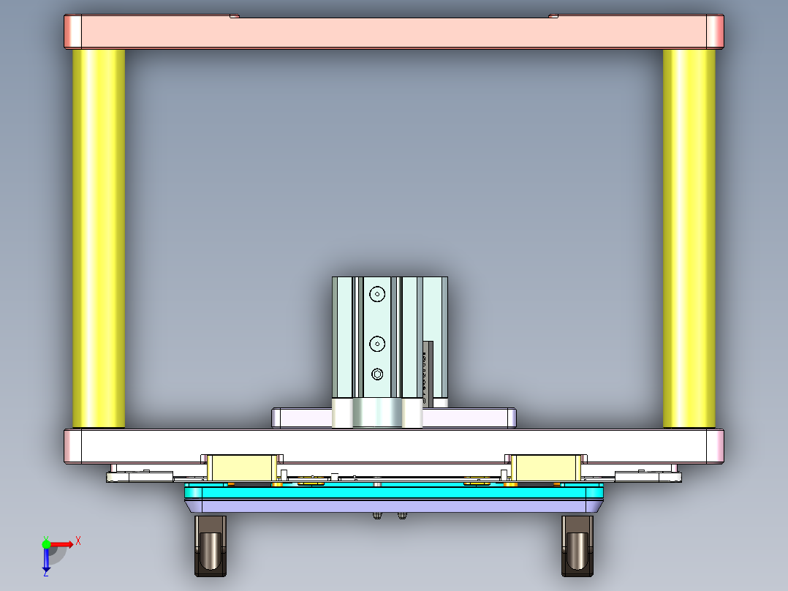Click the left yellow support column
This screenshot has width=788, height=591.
(99, 238)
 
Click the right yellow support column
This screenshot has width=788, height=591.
(689, 238)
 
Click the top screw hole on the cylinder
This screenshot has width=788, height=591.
(376, 294)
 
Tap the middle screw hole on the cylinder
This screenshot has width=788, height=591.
(376, 342)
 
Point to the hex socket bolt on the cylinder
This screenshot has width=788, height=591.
(377, 374)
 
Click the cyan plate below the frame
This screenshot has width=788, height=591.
(395, 492)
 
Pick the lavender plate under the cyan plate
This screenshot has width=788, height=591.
(395, 505)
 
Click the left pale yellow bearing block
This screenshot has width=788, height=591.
(242, 467)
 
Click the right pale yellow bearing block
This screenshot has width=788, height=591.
(545, 467)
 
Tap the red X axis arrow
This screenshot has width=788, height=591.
(62, 543)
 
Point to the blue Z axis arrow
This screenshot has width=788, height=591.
(46, 560)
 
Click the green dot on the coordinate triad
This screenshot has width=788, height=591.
(47, 543)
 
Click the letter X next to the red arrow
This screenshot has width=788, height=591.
(77, 541)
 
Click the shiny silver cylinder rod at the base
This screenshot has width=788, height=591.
(377, 413)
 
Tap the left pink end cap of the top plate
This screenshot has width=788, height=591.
(73, 31)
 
